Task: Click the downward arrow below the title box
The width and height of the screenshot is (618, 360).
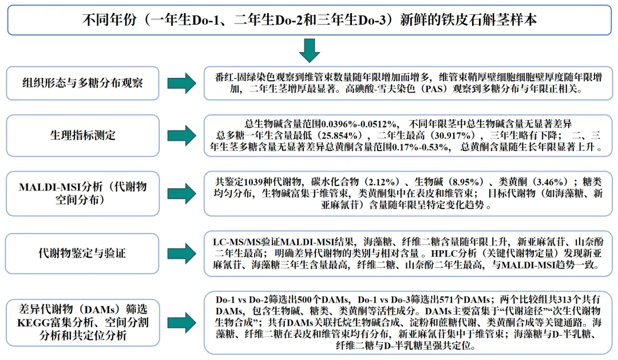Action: tap(309, 50)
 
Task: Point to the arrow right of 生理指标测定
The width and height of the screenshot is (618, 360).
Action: tap(182, 136)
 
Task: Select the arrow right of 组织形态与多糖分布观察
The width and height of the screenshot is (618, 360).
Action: tap(182, 83)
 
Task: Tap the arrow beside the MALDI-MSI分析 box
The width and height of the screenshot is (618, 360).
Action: tap(182, 193)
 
